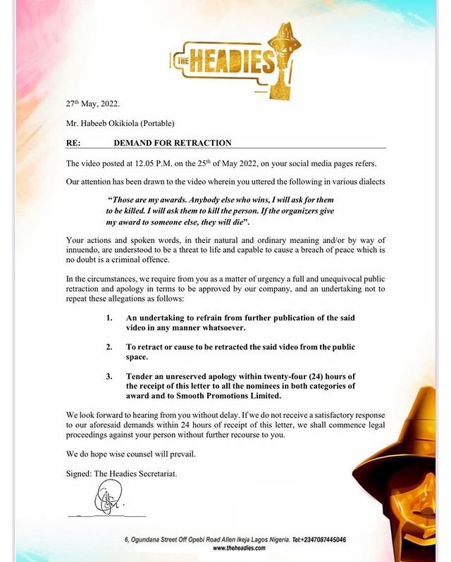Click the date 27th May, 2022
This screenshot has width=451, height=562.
pyautogui.click(x=93, y=104)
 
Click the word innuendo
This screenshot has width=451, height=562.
pyautogui.click(x=87, y=251)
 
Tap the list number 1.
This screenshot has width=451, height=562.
pyautogui.click(x=109, y=318)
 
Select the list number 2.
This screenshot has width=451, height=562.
pyautogui.click(x=109, y=348)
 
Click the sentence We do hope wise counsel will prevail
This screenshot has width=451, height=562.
pyautogui.click(x=134, y=454)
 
